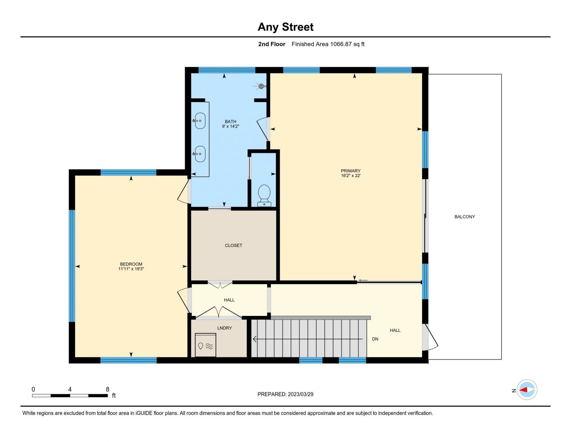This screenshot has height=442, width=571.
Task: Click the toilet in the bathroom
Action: pyautogui.click(x=264, y=195)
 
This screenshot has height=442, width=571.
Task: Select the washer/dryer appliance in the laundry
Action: pyautogui.click(x=206, y=345)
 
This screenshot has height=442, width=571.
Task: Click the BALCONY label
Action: pyautogui.click(x=465, y=217)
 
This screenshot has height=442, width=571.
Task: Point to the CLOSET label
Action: pyautogui.click(x=233, y=245)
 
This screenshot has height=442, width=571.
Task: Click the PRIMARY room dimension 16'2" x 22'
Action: pyautogui.click(x=351, y=176)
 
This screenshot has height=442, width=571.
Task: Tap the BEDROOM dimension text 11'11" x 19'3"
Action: pyautogui.click(x=131, y=269)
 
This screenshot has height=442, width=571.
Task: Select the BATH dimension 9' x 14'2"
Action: pyautogui.click(x=230, y=126)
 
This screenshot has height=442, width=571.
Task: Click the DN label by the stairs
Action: pyautogui.click(x=375, y=339)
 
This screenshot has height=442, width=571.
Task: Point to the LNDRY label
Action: pyautogui.click(x=225, y=328)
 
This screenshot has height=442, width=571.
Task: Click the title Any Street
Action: pyautogui.click(x=285, y=27)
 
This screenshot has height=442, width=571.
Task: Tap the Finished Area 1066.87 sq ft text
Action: pyautogui.click(x=328, y=44)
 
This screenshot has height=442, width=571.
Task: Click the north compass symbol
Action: pyautogui.click(x=527, y=390)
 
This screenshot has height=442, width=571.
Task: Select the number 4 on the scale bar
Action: pyautogui.click(x=70, y=389)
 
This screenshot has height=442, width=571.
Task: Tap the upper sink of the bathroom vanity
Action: pyautogui.click(x=200, y=121)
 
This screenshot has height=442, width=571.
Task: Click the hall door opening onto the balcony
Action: pyautogui.click(x=430, y=337)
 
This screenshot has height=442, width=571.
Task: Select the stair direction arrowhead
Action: pyautogui.click(x=255, y=339)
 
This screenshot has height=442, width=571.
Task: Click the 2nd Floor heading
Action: pyautogui.click(x=272, y=44)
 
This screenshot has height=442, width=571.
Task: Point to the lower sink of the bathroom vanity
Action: pyautogui.click(x=200, y=154)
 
